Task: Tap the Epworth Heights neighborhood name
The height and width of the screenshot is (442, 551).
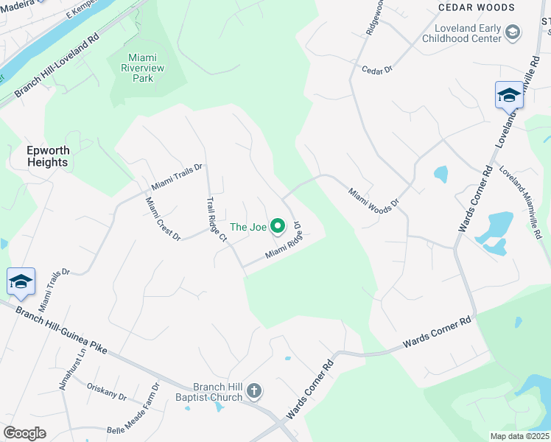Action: click(x=48, y=156)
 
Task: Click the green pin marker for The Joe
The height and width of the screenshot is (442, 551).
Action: click(x=278, y=226)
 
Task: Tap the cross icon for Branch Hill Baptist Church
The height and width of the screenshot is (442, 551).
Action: click(x=254, y=390)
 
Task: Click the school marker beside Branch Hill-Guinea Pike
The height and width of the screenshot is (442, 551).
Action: click(x=21, y=281)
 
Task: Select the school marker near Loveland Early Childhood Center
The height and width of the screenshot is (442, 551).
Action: click(x=509, y=95)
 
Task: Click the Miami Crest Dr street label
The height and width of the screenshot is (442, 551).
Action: click(x=163, y=219)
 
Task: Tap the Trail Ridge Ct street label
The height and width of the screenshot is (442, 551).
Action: click(x=217, y=219)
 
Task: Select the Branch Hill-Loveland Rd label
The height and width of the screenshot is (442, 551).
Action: click(x=57, y=65)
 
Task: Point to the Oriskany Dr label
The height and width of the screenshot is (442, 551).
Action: click(x=107, y=391)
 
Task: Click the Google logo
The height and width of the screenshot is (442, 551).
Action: click(x=24, y=433)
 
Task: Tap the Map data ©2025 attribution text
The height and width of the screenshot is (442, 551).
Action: click(x=519, y=436)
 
